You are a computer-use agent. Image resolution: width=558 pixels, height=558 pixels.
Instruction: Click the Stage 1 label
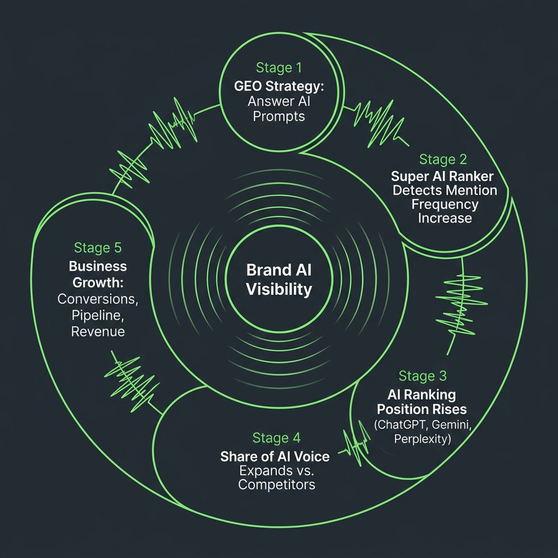(278, 68)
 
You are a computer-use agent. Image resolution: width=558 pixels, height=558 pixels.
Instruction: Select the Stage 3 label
(422, 375)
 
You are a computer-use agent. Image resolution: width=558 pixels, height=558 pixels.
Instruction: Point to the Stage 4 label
(276, 438)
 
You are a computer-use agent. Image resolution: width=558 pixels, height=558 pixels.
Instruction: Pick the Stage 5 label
(98, 248)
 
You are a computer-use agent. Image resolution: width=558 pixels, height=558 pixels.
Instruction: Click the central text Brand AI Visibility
(279, 280)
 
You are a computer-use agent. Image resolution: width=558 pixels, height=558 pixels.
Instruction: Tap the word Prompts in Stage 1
(278, 117)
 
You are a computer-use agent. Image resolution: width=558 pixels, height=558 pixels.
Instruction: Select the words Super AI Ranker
(442, 176)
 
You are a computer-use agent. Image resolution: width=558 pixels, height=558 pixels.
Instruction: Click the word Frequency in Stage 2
(445, 204)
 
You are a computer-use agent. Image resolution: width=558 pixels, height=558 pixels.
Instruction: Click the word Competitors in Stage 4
(276, 484)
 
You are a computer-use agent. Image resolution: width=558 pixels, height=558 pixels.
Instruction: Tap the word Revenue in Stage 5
(98, 331)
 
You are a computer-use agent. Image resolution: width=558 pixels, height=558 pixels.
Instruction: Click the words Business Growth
(98, 275)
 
